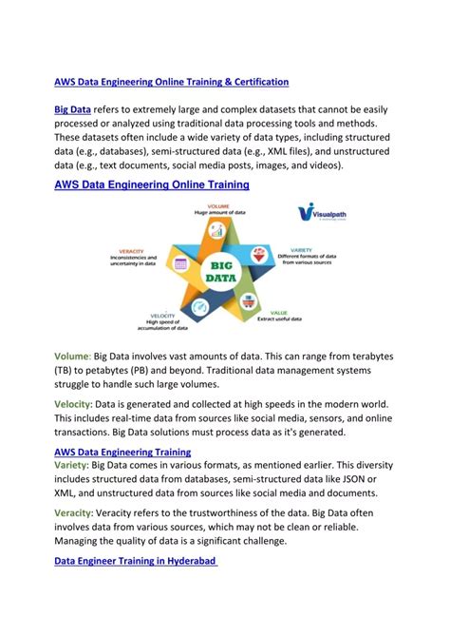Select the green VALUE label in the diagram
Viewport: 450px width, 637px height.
tap(278, 311)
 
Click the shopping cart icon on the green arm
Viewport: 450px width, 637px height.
tap(249, 297)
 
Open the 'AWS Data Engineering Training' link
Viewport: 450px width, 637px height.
tap(122, 452)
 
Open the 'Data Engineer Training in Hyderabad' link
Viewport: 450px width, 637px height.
tap(136, 561)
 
